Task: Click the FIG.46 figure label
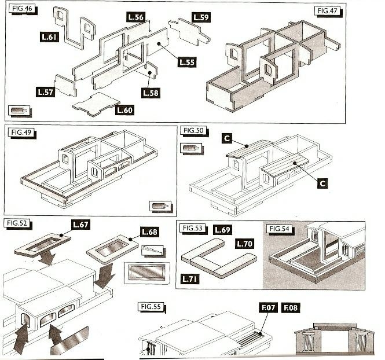tap(22, 9)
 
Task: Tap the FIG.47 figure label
tap(327, 11)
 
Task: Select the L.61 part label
tap(49, 37)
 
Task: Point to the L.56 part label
tap(136, 17)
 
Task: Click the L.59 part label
tap(201, 17)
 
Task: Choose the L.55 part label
tap(187, 62)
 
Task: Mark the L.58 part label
tap(151, 93)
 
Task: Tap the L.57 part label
tap(45, 92)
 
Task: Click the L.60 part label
tap(124, 110)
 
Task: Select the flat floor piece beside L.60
tap(96, 104)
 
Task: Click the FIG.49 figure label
tap(21, 133)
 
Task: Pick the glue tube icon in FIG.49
tap(160, 205)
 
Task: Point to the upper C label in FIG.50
tap(227, 138)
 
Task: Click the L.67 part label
tap(80, 225)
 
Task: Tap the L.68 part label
tap(149, 232)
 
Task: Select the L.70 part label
tap(244, 244)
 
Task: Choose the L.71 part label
tap(190, 279)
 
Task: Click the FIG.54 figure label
tap(280, 229)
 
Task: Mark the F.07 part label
tap(269, 307)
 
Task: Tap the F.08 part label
tap(291, 307)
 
